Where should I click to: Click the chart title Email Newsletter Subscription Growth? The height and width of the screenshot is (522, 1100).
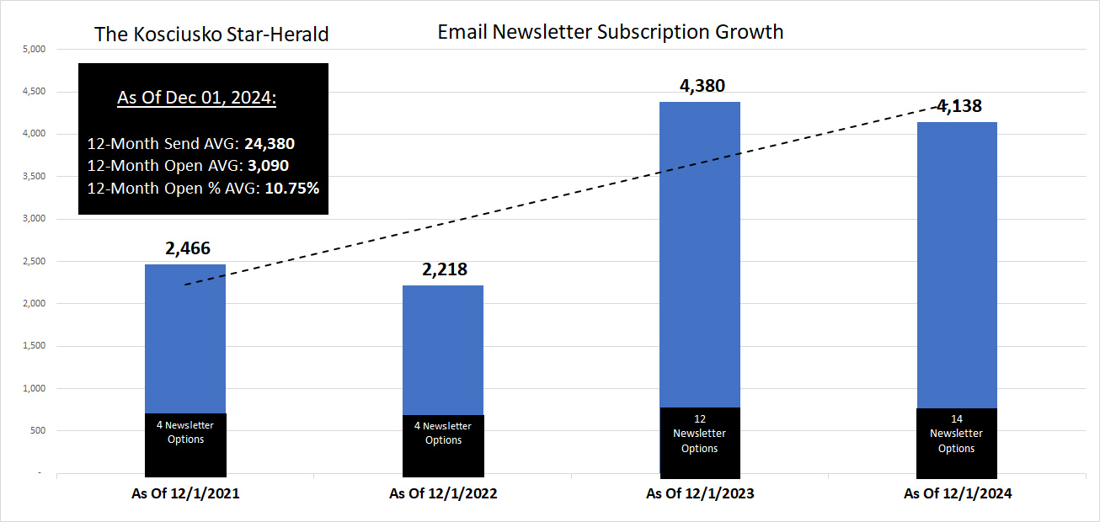[610, 32]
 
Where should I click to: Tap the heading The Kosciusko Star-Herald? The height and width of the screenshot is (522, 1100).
[211, 34]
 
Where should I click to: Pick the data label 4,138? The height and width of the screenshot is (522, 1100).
[958, 106]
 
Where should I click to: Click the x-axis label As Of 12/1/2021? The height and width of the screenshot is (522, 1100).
[185, 494]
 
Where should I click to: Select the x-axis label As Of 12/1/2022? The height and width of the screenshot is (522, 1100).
[443, 494]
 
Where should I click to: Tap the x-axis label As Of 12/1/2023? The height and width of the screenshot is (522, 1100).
[700, 494]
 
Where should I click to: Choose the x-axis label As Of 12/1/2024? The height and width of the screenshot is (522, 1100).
[958, 494]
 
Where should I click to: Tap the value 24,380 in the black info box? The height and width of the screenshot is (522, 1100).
[269, 144]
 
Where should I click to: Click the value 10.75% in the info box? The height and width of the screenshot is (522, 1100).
[292, 188]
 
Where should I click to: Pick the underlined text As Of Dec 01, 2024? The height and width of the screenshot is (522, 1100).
[197, 98]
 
